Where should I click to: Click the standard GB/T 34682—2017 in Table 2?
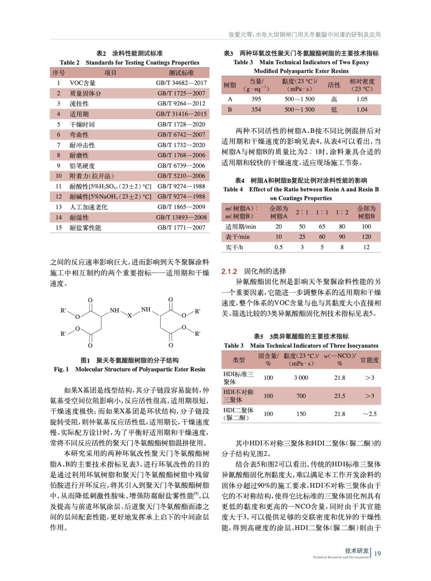point(181,83)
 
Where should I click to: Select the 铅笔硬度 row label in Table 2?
point(82,166)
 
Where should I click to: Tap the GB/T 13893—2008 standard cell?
point(181,217)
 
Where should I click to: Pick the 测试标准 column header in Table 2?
point(181,73)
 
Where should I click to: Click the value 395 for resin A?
point(256,99)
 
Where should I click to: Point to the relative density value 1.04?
point(362,109)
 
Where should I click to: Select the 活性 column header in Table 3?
point(334,85)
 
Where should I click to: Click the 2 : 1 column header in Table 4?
point(302,212)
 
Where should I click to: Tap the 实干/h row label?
point(234,247)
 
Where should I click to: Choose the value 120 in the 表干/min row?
point(366,237)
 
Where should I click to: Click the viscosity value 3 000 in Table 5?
point(301,378)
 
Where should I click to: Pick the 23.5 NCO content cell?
point(339,396)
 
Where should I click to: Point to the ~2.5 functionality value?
point(369,414)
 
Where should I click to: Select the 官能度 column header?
point(369,360)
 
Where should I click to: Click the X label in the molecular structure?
point(130,316)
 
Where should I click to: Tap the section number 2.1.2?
point(229,271)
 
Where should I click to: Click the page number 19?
point(377,553)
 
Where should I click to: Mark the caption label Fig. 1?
point(61,369)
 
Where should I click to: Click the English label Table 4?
point(233,189)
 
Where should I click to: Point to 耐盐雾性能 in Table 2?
point(85,228)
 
